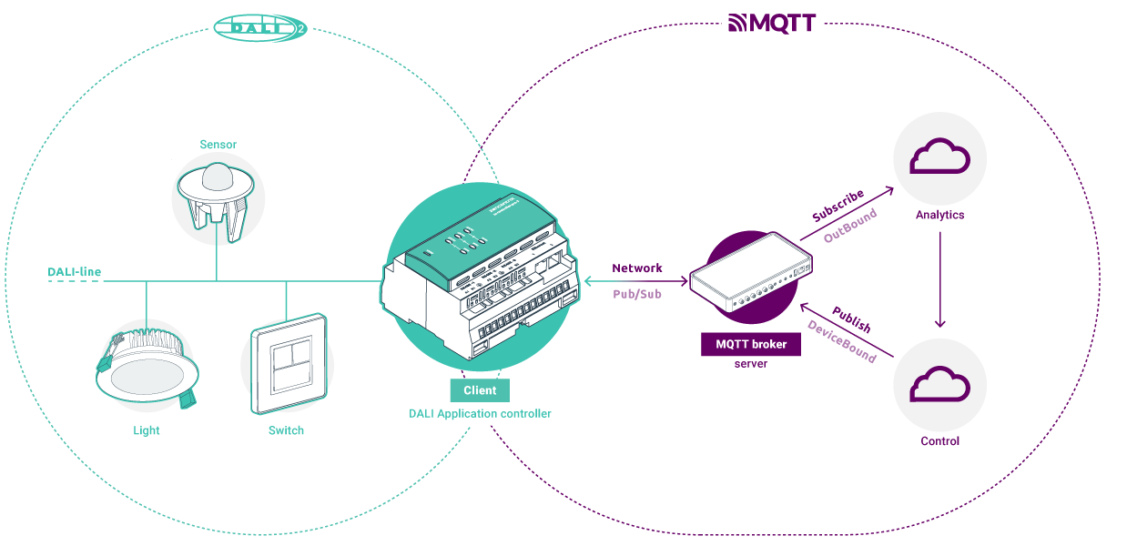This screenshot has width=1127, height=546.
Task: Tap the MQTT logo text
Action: click(x=772, y=23)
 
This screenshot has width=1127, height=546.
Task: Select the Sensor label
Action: click(x=218, y=145)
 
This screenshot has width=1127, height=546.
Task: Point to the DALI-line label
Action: click(x=75, y=271)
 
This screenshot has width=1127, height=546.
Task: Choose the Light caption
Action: click(x=146, y=430)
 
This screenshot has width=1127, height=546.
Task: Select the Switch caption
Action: click(x=286, y=430)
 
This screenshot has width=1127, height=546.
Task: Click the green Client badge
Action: click(x=480, y=390)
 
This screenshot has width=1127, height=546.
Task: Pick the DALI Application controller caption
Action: click(x=480, y=414)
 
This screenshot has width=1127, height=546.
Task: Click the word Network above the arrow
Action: click(x=637, y=268)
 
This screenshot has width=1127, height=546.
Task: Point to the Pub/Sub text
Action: click(x=637, y=297)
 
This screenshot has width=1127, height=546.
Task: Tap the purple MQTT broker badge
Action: click(x=751, y=345)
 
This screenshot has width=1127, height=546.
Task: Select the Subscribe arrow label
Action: click(x=838, y=206)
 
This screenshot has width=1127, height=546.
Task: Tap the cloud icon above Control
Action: click(x=940, y=385)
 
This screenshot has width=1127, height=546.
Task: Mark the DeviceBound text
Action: click(x=842, y=342)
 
